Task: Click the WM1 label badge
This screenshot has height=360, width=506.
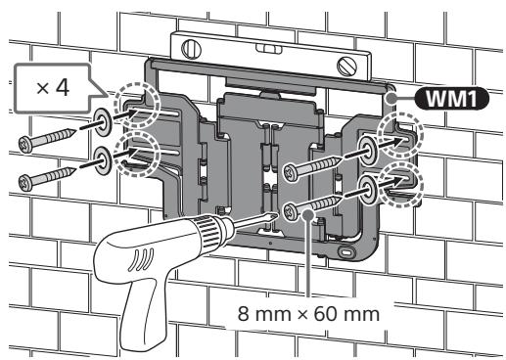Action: pos(451,98)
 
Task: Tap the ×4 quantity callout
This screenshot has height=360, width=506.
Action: pos(52,87)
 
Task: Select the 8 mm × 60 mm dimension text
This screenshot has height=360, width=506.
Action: pos(308,314)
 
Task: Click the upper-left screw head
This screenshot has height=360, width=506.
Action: pos(25,144)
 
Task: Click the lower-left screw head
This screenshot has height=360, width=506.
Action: pos(25,183)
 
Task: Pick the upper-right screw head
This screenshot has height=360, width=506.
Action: pos(290,173)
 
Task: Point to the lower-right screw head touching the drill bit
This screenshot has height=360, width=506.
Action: pos(290,212)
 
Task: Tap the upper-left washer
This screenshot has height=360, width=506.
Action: pos(103,122)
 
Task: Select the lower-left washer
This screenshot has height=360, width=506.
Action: pos(103,160)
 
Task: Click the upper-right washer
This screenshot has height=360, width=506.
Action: pos(367,150)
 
